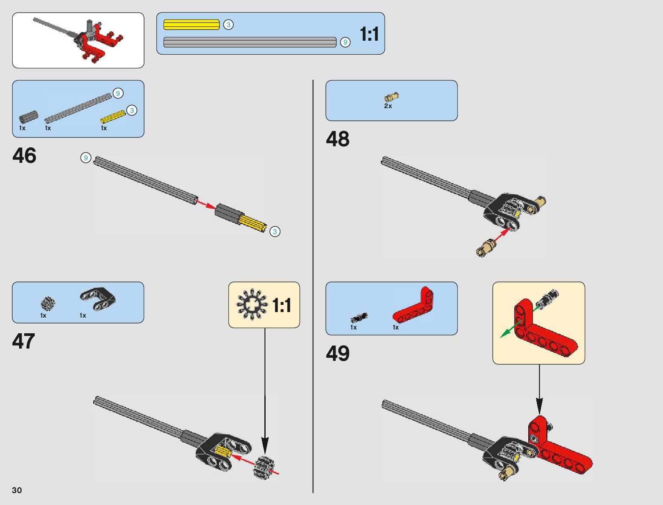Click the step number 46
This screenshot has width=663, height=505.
[x=25, y=156]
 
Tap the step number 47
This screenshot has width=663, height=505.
[x=24, y=341]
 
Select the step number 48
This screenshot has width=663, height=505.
[x=338, y=139]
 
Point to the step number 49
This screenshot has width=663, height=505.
[x=338, y=354]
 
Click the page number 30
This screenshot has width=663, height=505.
[x=17, y=490]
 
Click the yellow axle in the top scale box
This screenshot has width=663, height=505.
[x=191, y=25]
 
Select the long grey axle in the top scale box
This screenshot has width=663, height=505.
[x=250, y=42]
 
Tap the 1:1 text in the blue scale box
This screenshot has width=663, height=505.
[x=369, y=34]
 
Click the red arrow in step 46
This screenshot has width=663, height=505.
[x=205, y=205]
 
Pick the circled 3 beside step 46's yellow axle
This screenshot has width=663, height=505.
[x=275, y=232]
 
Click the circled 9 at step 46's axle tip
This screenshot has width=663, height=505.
[x=86, y=158]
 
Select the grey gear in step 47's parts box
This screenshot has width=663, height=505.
[x=48, y=303]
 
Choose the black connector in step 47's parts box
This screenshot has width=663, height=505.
[x=98, y=299]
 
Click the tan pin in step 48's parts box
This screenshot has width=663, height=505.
[x=391, y=97]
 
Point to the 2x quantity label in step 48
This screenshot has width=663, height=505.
[x=388, y=106]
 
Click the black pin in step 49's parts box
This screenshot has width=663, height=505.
[x=359, y=318]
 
